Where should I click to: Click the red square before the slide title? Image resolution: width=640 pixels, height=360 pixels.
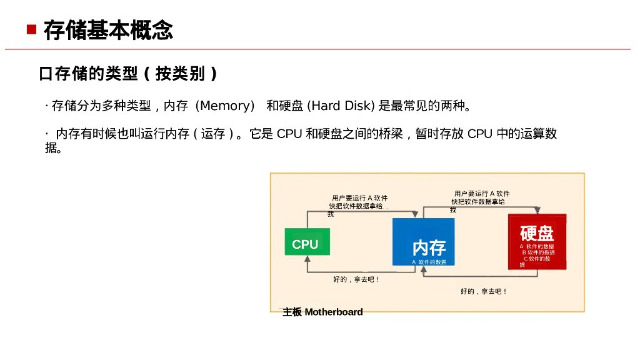(31, 29)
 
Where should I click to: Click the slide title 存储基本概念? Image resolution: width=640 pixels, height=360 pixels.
(108, 29)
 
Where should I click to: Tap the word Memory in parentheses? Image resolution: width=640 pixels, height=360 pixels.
(225, 106)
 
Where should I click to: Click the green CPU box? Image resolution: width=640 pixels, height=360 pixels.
(306, 243)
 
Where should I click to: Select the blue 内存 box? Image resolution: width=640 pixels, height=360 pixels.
(423, 241)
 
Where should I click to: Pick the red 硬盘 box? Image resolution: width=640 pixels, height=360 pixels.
(537, 241)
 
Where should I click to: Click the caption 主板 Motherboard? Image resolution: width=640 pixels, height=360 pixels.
(322, 312)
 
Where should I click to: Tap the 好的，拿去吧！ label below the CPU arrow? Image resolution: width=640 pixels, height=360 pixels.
(356, 279)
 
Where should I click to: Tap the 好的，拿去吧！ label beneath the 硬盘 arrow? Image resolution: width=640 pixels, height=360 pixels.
(484, 291)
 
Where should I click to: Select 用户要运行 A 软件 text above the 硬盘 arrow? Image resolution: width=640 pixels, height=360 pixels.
(481, 194)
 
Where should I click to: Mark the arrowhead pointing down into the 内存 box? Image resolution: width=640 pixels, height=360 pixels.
(415, 215)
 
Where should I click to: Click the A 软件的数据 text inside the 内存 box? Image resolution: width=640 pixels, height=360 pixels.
(429, 262)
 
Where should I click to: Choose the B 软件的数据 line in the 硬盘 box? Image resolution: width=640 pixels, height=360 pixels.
(538, 252)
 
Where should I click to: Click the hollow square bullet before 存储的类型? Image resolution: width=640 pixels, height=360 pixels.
(44, 74)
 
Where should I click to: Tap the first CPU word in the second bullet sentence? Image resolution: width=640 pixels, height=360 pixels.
(289, 134)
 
